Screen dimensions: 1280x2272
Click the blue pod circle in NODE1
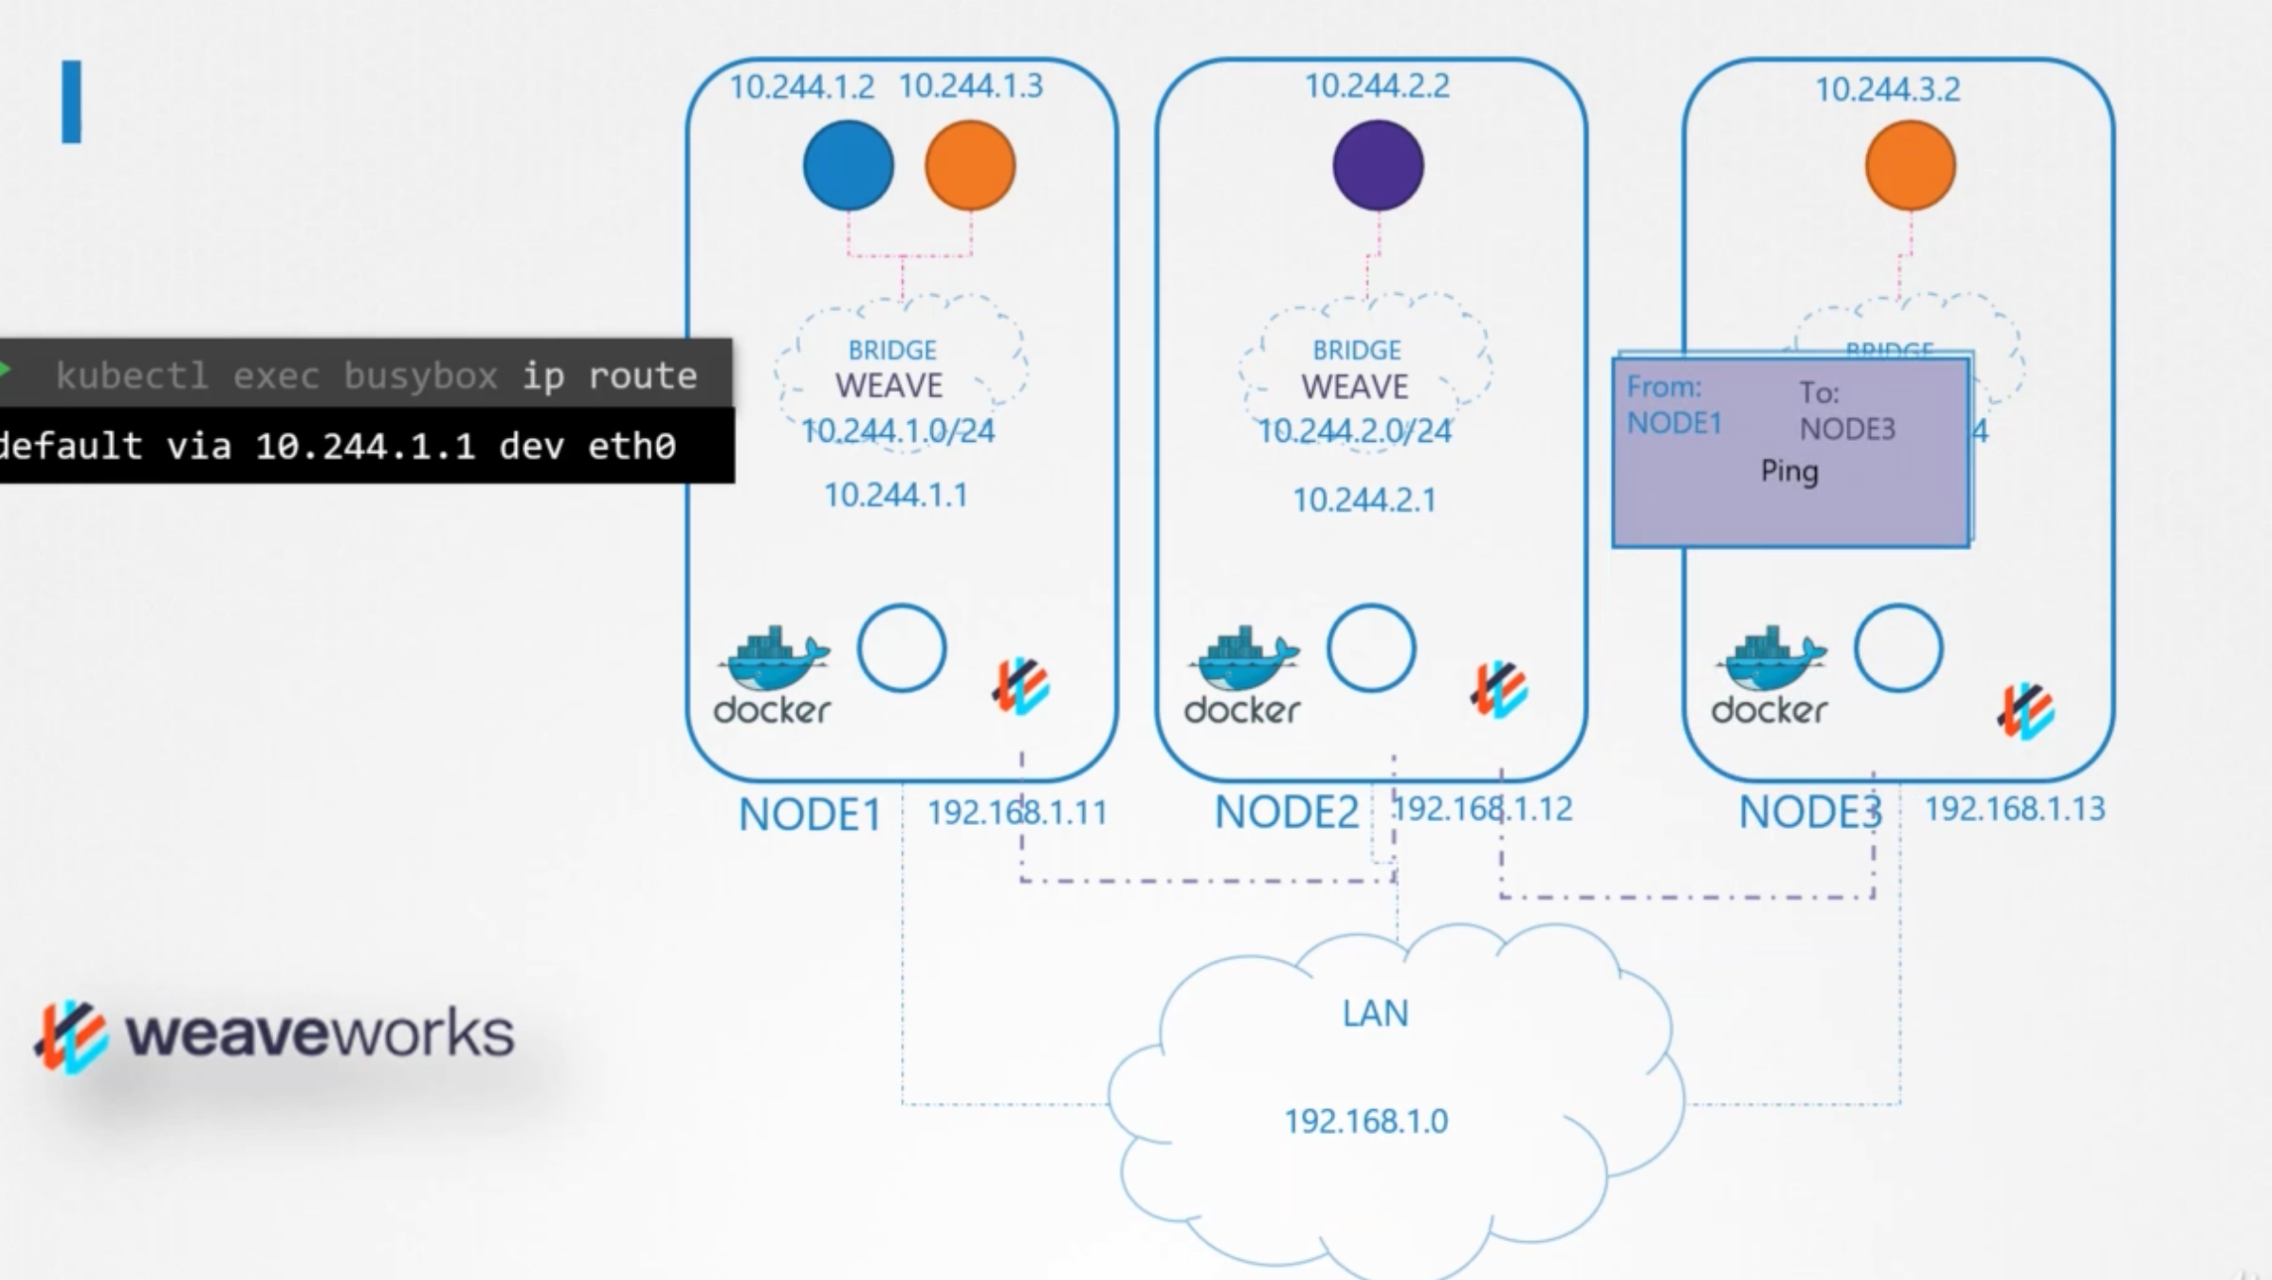point(848,165)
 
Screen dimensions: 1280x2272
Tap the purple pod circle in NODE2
point(1377,165)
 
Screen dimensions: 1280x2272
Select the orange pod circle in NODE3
point(1910,165)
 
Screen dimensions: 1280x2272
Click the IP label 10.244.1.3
point(970,86)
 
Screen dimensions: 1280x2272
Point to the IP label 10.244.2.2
point(1377,86)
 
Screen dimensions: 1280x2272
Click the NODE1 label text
point(810,814)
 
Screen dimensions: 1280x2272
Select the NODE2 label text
point(1286,812)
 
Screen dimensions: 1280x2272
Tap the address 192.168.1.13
point(2014,809)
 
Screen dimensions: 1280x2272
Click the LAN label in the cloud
point(1375,1014)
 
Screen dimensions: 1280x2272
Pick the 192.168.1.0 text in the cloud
point(1365,1122)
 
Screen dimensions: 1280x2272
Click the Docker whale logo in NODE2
point(1243,660)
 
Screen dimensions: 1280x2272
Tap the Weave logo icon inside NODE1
point(1020,686)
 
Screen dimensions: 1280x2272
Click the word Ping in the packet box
point(1789,471)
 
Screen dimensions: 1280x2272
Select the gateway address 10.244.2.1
point(1365,500)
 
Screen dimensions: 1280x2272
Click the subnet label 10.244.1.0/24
point(898,431)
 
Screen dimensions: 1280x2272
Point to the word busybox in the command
point(420,376)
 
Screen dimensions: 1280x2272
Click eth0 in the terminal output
point(632,446)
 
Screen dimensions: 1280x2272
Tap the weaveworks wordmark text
point(320,1033)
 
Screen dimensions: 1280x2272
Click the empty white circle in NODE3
point(1897,649)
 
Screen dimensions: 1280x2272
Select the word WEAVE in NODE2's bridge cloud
point(1355,387)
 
